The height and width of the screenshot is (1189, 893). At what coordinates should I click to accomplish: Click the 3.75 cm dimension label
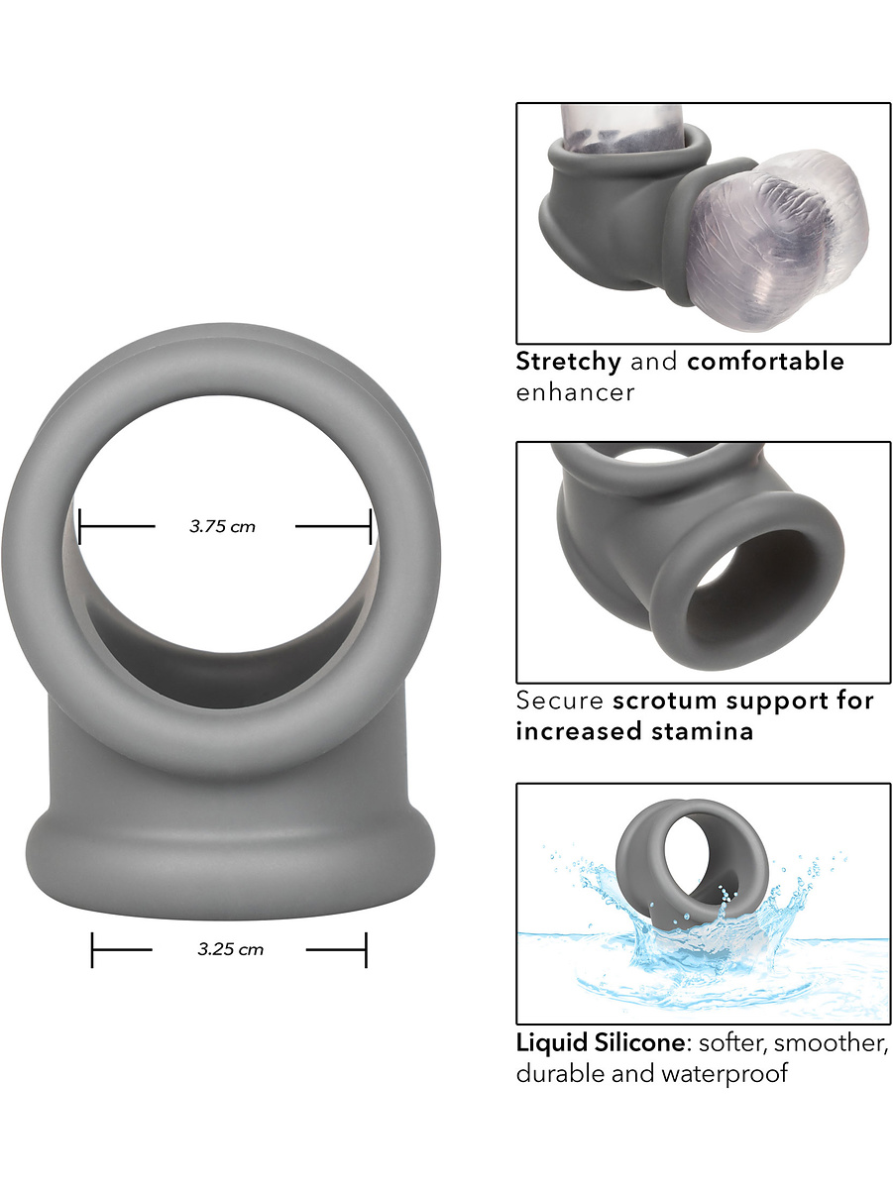[222, 526]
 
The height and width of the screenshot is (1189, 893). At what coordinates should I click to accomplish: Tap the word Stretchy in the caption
[569, 362]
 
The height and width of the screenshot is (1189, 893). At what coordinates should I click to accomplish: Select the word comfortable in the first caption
[766, 361]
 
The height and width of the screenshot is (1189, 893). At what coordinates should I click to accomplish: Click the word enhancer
[575, 393]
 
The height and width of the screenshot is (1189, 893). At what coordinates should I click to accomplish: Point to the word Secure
[559, 700]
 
